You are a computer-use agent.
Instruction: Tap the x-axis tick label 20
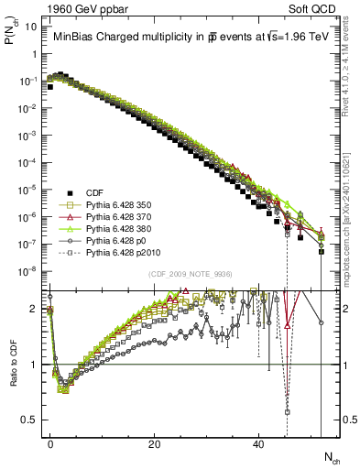154,443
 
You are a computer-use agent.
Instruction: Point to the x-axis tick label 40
258,443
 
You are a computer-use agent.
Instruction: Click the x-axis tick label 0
50,443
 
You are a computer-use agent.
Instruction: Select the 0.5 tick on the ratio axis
33,420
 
